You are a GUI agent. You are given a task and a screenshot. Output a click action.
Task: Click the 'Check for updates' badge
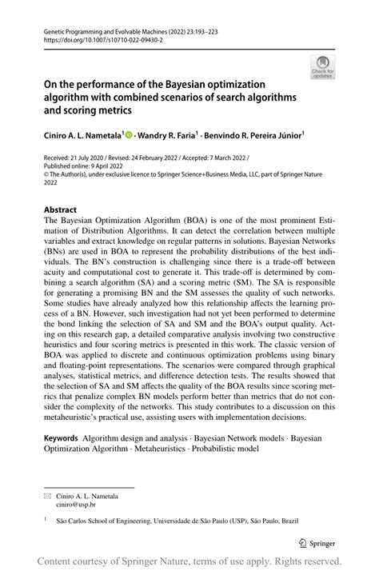[323, 66]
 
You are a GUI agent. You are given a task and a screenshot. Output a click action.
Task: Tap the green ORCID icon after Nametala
[130, 136]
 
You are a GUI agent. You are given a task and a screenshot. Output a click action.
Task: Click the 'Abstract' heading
[61, 210]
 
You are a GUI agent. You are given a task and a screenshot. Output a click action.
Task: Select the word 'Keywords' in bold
[61, 438]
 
